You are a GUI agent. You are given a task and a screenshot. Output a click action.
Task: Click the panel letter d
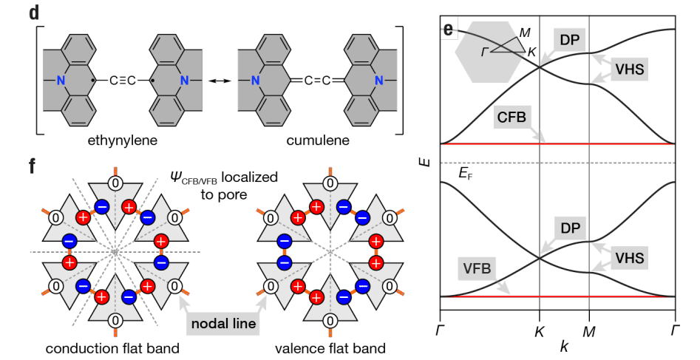[34, 14]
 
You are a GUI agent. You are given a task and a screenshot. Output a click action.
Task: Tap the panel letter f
[33, 165]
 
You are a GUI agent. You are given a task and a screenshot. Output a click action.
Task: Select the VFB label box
[477, 271]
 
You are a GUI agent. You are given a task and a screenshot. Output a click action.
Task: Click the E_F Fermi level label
[466, 174]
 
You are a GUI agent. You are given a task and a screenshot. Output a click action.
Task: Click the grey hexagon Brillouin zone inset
[484, 53]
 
